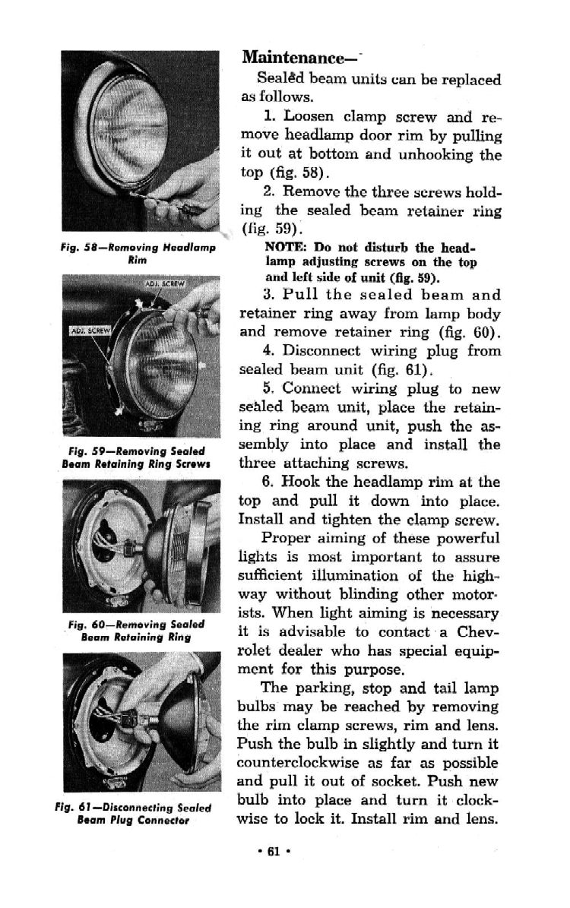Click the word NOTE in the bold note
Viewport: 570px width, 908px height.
281,248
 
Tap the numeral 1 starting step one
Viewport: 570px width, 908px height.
266,118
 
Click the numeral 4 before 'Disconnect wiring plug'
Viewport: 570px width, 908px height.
267,351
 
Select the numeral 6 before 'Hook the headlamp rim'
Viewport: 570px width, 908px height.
266,482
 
